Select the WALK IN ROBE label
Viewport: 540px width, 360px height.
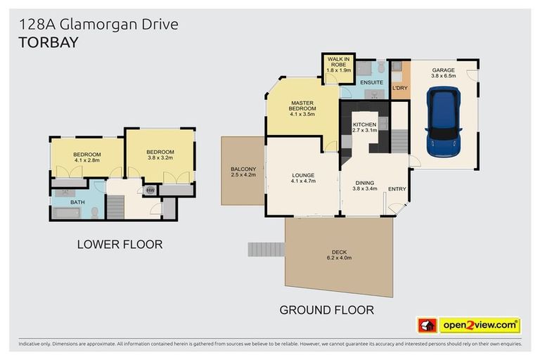pyautogui.click(x=338, y=64)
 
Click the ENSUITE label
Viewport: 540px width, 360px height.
pyautogui.click(x=372, y=83)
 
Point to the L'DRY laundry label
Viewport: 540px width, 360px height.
pyautogui.click(x=399, y=88)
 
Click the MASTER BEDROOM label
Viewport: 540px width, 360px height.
pyautogui.click(x=303, y=109)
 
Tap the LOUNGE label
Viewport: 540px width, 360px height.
pyautogui.click(x=303, y=178)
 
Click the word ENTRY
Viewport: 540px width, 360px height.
pyautogui.click(x=397, y=188)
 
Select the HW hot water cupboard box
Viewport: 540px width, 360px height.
pyautogui.click(x=150, y=190)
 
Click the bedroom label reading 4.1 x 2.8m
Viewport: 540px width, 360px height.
pyautogui.click(x=87, y=157)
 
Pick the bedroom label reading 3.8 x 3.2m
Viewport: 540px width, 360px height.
pyautogui.click(x=160, y=155)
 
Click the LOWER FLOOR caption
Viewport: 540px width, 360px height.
pyautogui.click(x=120, y=245)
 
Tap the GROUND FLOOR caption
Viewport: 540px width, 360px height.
pyautogui.click(x=326, y=309)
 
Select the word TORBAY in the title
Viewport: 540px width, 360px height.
pyautogui.click(x=49, y=42)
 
